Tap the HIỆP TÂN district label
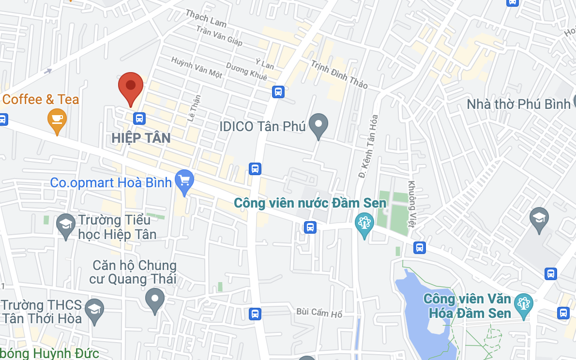pos(141,138)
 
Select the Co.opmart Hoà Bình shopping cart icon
pos(184,180)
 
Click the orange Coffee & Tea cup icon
pos(57,119)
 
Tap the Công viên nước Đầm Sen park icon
pos(364,224)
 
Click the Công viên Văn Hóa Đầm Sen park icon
pos(523,303)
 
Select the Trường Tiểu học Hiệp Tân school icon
pos(65,225)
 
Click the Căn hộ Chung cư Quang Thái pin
pos(155,299)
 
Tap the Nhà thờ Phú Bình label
pos(518,104)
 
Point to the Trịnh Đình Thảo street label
pos(339,74)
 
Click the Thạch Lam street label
pos(206,18)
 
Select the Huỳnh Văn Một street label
pos(197,67)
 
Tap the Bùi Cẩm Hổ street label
pos(319,313)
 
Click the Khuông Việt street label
pos(413,204)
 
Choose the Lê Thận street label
pos(194,107)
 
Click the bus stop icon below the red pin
pos(139,118)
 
